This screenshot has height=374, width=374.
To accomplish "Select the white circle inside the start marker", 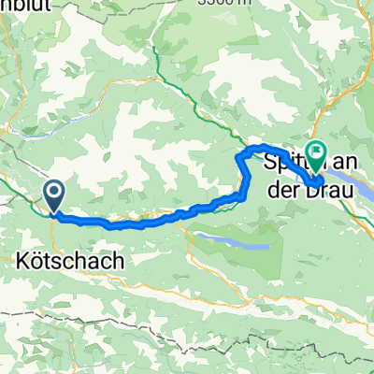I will [x=54, y=194].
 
